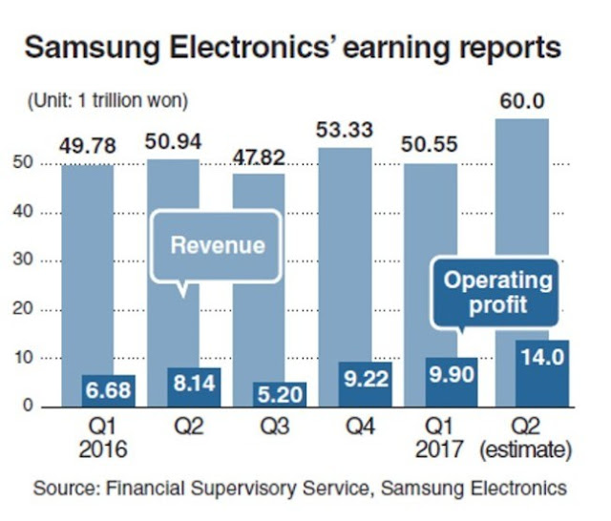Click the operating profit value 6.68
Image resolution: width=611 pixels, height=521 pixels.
coord(108,390)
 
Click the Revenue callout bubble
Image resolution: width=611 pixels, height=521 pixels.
coord(217,245)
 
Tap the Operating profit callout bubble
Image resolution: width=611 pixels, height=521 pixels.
coord(497,294)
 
